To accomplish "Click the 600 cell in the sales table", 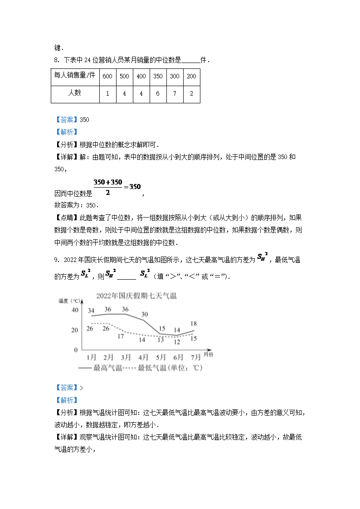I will (x=107, y=76).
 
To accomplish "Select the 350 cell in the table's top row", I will (x=158, y=76).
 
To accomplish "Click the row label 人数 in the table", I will (x=74, y=93).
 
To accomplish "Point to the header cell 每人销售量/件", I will (x=74, y=76).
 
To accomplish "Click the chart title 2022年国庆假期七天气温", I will (x=136, y=296).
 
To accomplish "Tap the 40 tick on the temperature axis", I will (x=74, y=310).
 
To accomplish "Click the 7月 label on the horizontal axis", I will (x=196, y=357).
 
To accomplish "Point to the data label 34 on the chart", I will (x=91, y=310).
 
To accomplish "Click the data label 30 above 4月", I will (x=145, y=314).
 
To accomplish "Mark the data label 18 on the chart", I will (x=193, y=324).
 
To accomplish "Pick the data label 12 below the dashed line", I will (x=177, y=342).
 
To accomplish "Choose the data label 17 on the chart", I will (x=121, y=336).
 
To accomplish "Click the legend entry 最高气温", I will (x=107, y=368).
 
